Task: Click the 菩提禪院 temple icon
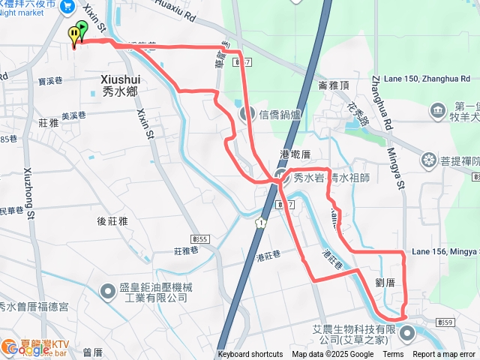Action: pos(429,160)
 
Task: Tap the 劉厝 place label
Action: pos(386,282)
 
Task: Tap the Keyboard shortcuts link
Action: pos(250,355)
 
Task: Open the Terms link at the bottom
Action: pos(393,355)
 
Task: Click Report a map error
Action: pos(444,355)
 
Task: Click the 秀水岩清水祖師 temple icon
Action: pos(279,178)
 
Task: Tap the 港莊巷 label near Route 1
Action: pos(267,257)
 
